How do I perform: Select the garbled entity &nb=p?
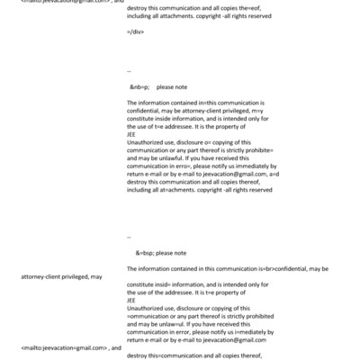(140, 87)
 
